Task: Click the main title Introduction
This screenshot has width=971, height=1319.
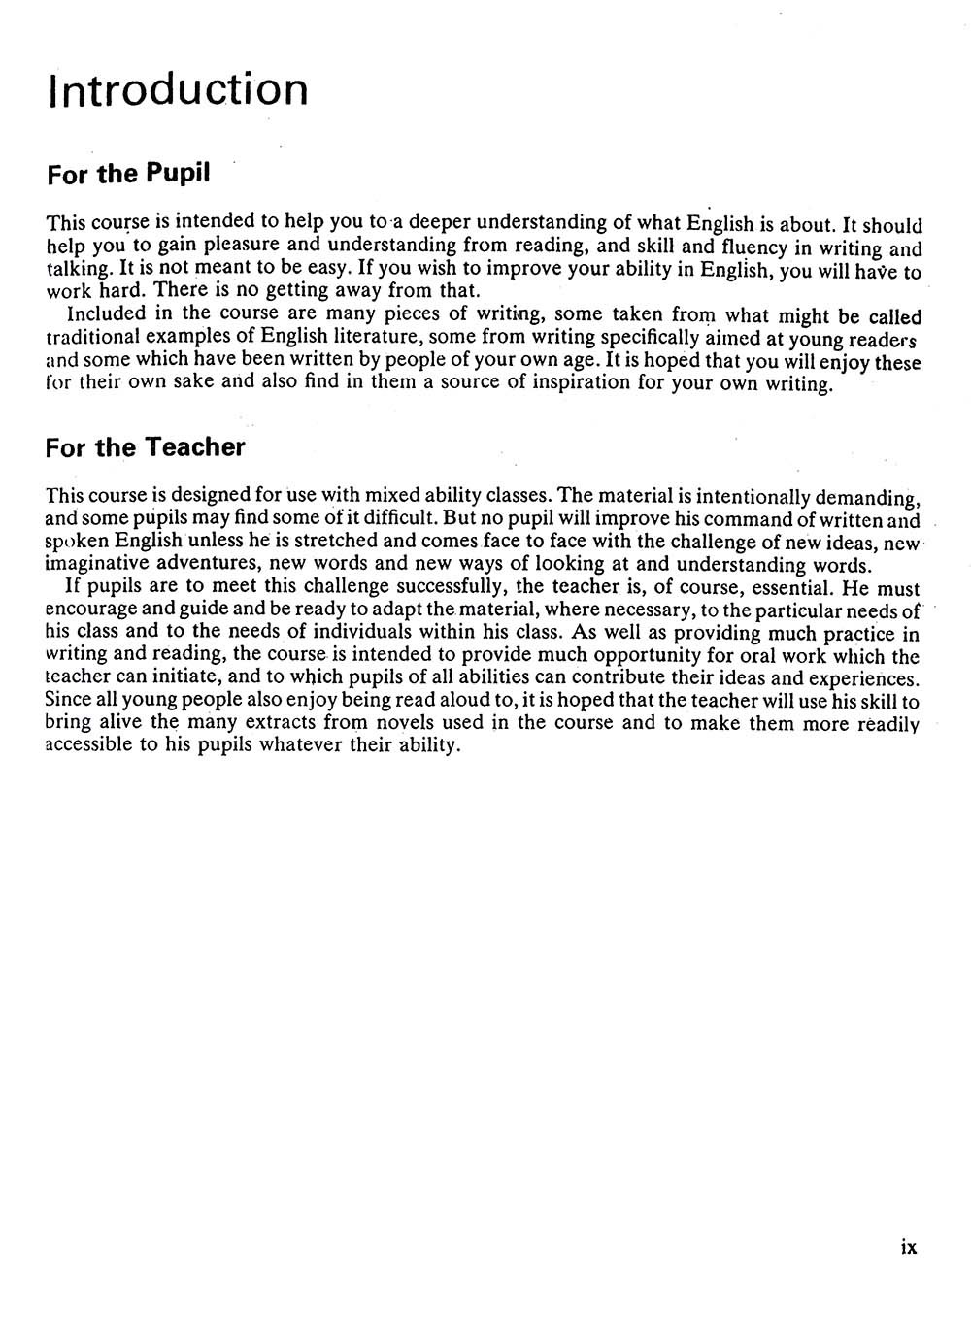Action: [x=178, y=88]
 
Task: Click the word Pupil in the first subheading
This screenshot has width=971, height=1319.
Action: [x=178, y=175]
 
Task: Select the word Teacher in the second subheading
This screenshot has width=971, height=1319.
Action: [x=194, y=447]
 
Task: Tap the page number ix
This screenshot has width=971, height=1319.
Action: [x=909, y=1248]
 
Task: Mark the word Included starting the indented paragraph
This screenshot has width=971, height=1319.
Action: [x=106, y=313]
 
